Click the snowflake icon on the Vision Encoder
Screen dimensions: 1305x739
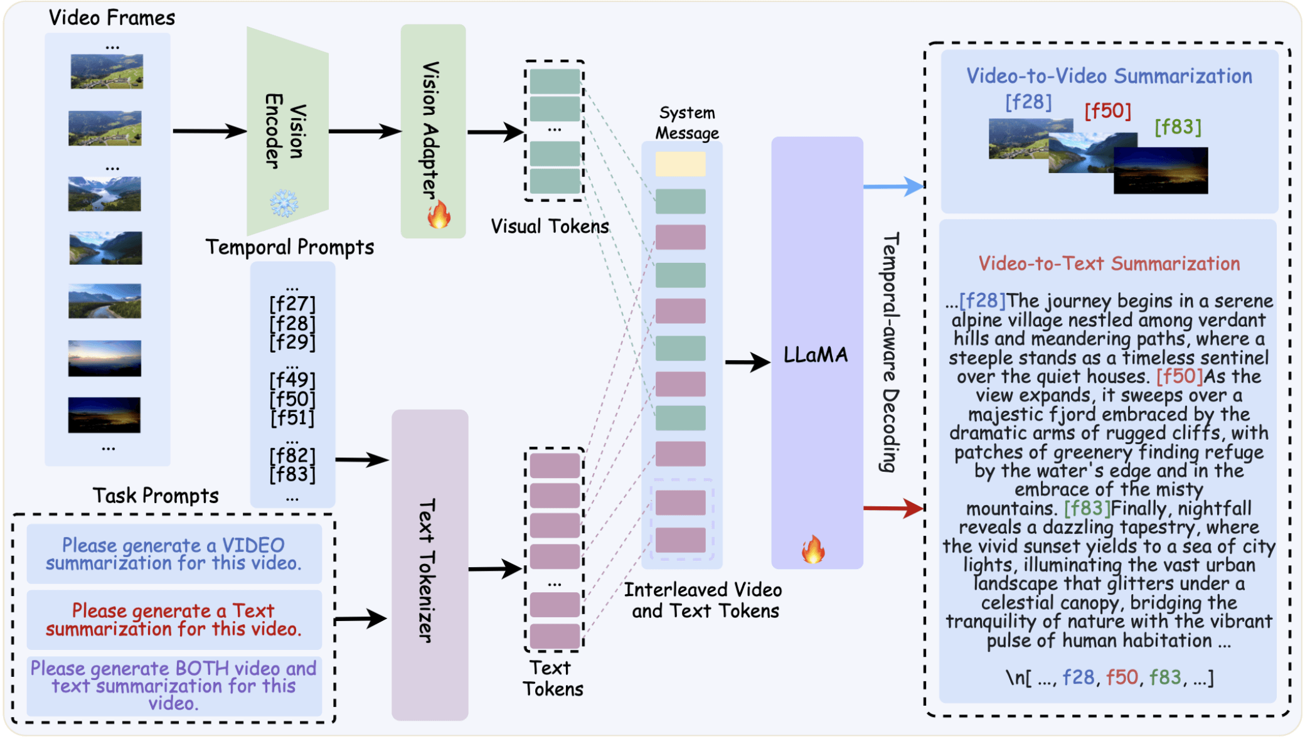tap(284, 203)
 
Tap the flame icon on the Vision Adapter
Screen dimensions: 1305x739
tap(439, 215)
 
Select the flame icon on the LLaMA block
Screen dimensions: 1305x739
tap(813, 549)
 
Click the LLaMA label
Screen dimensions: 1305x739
tap(816, 355)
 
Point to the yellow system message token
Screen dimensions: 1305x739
tap(681, 164)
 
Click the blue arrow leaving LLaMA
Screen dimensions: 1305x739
tap(893, 186)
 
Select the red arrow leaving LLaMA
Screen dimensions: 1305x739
tap(893, 508)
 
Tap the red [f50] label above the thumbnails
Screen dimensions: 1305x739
tap(1108, 111)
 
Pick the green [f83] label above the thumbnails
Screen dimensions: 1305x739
tap(1178, 127)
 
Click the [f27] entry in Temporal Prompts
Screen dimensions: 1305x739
tap(292, 304)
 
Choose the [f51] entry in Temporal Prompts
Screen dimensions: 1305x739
tap(292, 418)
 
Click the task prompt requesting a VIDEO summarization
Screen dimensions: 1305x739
tap(174, 554)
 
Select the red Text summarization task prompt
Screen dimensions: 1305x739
tap(174, 619)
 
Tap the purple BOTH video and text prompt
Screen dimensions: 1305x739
tap(174, 686)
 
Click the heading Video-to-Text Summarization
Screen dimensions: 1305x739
tap(1109, 263)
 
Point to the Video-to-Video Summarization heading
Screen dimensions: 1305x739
tap(1109, 76)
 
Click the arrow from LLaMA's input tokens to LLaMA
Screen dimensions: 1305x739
tap(748, 362)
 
